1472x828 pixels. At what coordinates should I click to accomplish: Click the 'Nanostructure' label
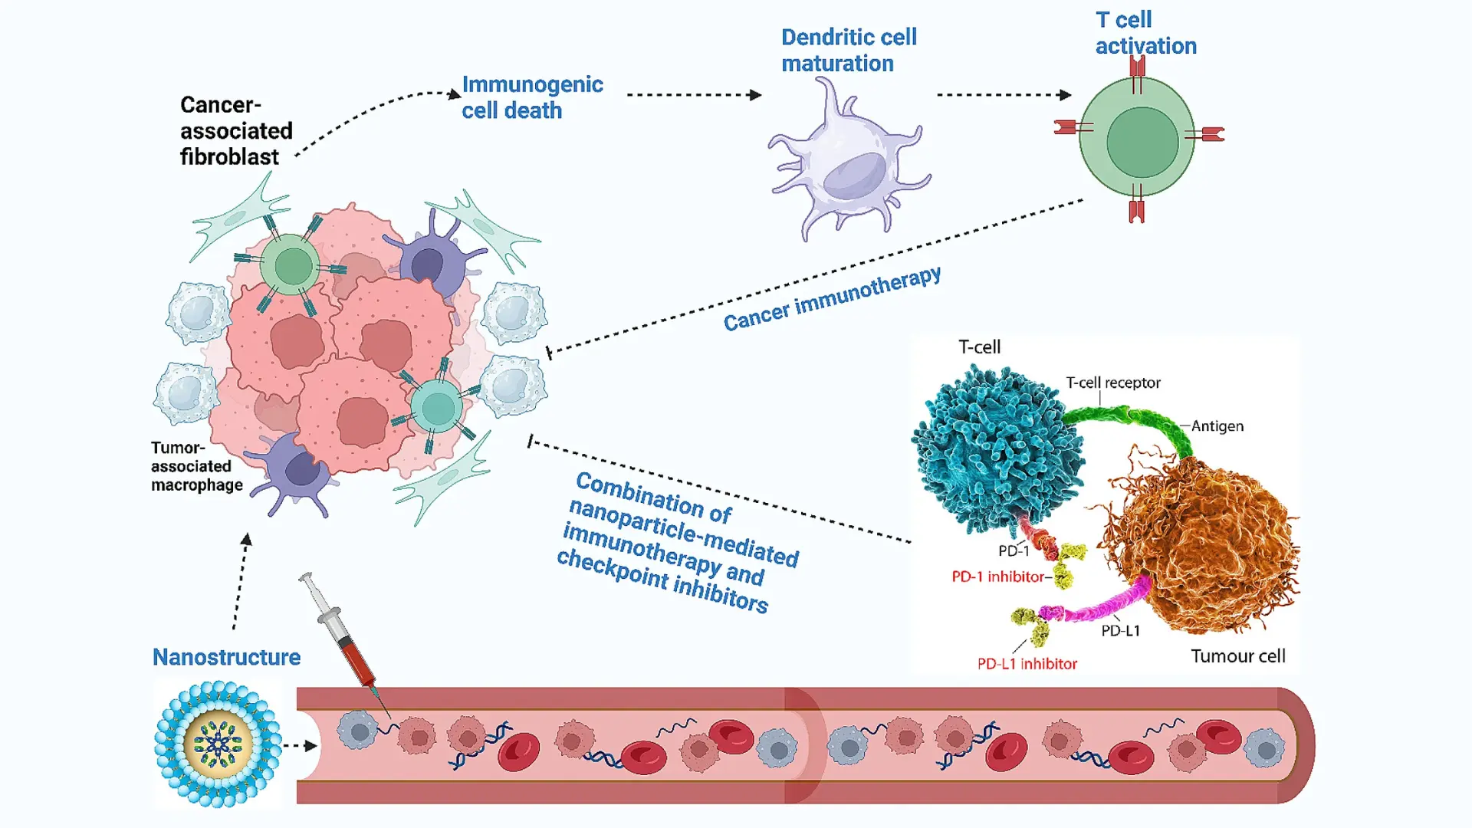coord(226,657)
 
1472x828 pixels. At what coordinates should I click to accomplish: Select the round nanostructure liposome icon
coord(219,744)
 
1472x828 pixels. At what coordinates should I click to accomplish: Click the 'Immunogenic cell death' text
coord(532,97)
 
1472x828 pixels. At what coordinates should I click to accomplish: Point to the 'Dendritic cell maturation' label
coord(848,51)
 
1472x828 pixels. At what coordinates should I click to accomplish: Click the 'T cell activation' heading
coord(1145,33)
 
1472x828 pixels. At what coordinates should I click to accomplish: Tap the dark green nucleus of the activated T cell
coord(1142,143)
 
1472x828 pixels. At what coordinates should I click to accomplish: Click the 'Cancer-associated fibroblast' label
coord(235,131)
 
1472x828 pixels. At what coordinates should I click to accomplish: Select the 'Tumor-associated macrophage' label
coord(196,466)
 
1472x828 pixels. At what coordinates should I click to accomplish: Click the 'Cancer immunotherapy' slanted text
coord(832,298)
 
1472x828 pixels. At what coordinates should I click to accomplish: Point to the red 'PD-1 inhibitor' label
coord(997,577)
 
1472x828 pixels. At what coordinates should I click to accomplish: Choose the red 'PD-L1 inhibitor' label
coord(1027,664)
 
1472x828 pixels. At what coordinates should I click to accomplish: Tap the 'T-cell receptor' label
coord(1112,383)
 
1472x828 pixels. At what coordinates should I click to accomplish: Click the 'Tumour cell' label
coord(1237,656)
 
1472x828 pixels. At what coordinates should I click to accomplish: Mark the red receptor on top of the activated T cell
coord(1137,69)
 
